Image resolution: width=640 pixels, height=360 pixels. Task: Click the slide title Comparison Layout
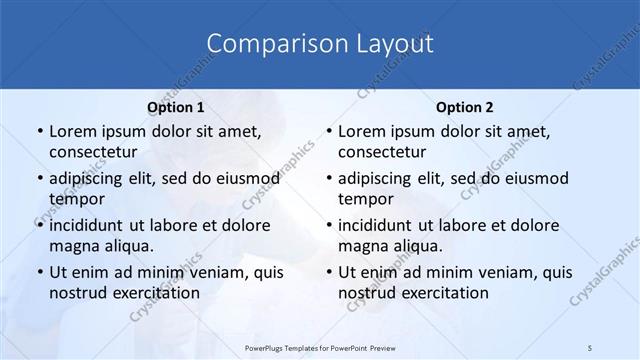(320, 43)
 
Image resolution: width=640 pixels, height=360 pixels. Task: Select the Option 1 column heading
(175, 107)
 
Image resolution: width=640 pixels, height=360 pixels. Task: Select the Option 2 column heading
(464, 107)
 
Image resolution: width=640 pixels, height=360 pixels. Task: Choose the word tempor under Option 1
(76, 199)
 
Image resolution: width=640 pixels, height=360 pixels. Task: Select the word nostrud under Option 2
(366, 293)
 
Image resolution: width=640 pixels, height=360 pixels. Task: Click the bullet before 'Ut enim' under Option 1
(38, 272)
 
